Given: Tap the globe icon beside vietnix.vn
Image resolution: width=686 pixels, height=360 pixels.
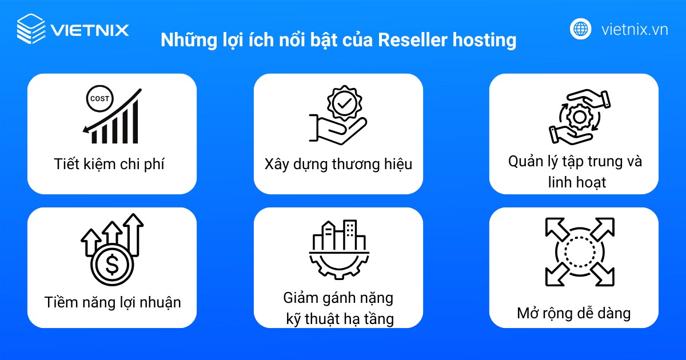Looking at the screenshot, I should point(580,29).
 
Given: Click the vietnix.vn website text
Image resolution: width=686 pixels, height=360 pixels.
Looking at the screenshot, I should point(635,29).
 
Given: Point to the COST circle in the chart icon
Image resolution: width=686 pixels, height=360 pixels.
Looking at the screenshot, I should point(98,99).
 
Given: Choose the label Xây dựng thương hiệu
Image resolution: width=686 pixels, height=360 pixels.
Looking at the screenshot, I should point(338,164).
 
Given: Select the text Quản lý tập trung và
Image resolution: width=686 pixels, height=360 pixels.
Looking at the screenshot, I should point(575,161).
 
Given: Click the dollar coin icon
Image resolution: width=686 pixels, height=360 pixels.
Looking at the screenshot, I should point(113,265).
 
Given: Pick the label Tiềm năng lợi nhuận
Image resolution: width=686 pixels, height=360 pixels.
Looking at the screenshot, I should point(113,302).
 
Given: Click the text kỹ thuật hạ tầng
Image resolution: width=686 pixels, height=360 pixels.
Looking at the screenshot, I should point(340,319).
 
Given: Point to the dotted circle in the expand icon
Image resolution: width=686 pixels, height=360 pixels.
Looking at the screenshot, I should point(580,251).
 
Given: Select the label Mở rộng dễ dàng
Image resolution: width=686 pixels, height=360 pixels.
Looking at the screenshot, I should point(573,313).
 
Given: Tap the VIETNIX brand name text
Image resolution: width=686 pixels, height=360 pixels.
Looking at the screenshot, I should point(90,29).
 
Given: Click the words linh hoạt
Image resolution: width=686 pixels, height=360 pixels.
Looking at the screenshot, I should point(575,182).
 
